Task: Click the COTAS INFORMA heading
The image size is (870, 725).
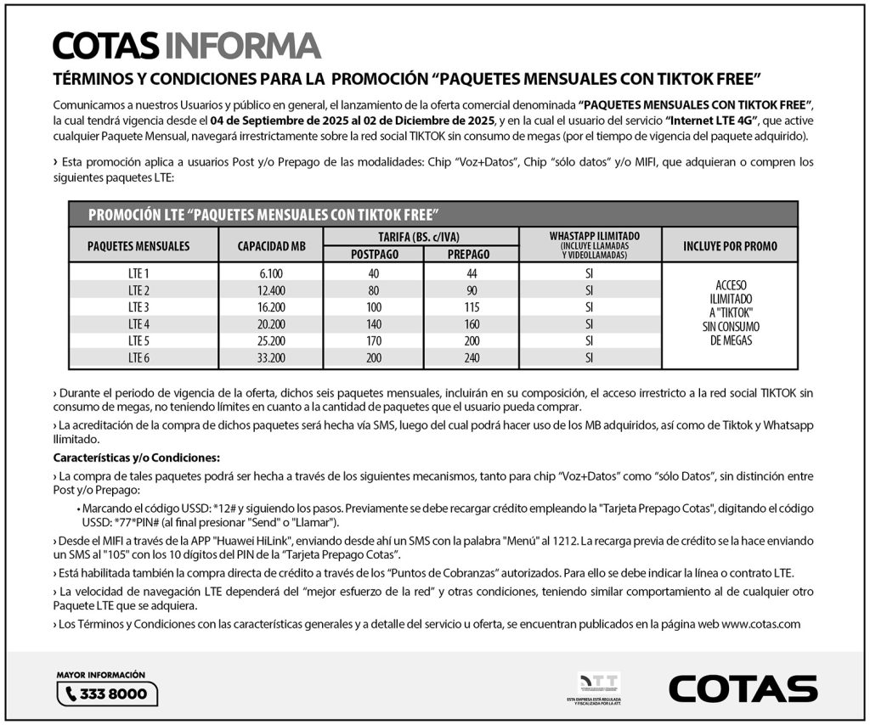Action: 186,45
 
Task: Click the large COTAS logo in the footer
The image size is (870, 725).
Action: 743,688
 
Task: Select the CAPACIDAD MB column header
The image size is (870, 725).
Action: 273,246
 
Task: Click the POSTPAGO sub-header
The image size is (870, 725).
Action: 374,254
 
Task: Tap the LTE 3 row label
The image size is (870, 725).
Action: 138,306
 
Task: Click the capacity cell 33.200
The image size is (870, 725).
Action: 273,357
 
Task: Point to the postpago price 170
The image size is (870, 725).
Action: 374,340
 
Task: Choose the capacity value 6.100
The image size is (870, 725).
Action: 273,273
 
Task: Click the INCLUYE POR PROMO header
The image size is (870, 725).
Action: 729,246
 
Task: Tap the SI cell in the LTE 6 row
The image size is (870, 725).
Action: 589,357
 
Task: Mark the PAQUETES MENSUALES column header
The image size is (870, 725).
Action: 138,246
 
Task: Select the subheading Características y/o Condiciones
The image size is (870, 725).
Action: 136,458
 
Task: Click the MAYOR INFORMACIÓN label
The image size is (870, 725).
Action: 101,675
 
